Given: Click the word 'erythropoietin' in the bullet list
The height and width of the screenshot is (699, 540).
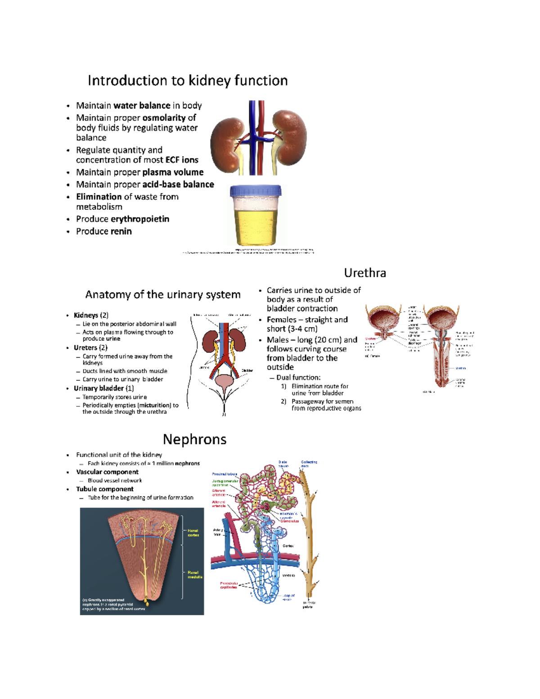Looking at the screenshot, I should pos(140,219).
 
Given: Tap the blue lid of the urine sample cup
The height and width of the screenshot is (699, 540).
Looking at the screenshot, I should pos(256,191).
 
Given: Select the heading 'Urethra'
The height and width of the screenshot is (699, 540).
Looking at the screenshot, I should pos(364,273).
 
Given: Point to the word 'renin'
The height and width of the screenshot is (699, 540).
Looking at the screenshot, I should pos(121,231).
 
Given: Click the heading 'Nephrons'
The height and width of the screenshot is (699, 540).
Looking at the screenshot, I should pos(194,439).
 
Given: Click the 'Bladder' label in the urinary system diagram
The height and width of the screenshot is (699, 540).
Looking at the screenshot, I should pos(247,371).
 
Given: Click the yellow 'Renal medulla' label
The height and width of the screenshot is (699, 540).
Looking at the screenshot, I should pos(194,575).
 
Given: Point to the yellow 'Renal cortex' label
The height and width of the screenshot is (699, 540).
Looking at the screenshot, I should pos(193,533).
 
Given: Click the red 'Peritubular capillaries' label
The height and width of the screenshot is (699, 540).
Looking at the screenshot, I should pos(229,585).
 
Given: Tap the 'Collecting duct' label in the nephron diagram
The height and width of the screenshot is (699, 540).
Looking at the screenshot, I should pos(309,464).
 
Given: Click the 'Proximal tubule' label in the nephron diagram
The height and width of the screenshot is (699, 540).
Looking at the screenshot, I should pos(224,474).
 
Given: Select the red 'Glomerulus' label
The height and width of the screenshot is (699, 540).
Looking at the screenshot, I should pos(289,521).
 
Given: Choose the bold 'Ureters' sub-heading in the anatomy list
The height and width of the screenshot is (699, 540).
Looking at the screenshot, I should pos(85,348).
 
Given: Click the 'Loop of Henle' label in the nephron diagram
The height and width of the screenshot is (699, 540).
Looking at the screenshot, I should pos(288,597).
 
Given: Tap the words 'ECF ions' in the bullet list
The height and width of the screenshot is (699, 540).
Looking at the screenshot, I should pos(182,160).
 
